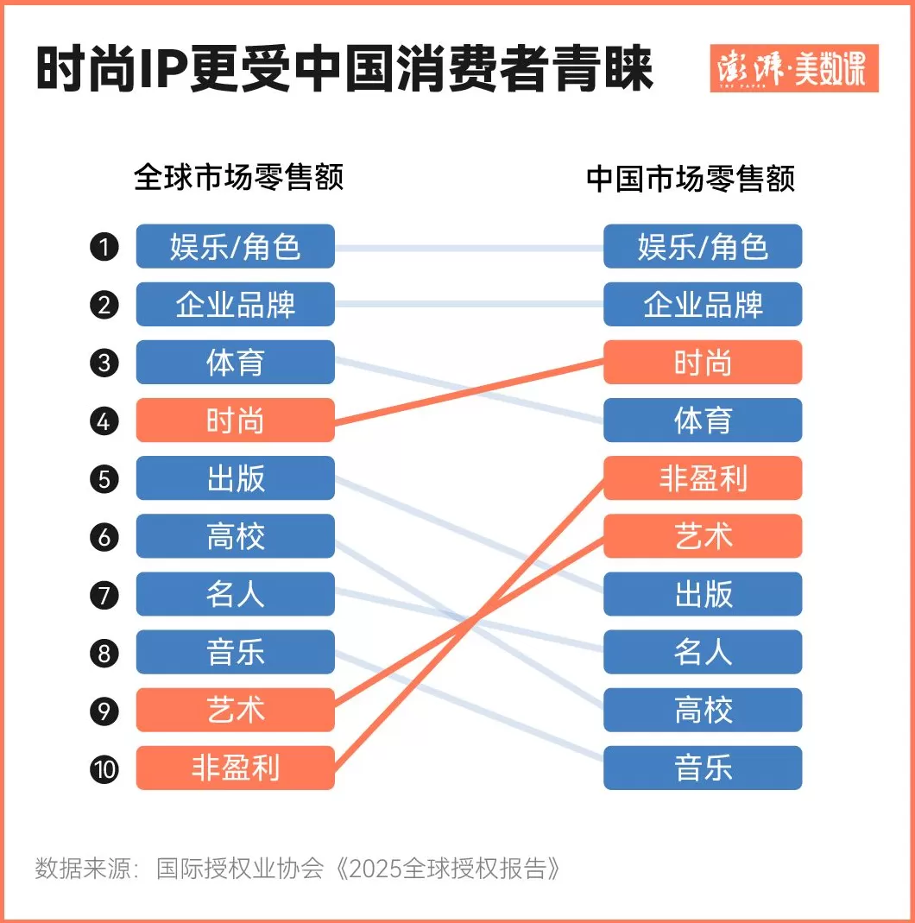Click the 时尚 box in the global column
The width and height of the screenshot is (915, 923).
(235, 420)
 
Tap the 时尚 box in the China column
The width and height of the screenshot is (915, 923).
(703, 363)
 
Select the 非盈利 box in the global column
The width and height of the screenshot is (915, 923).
(235, 768)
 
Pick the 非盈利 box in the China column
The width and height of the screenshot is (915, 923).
(703, 478)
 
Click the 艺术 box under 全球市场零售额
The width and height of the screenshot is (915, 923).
(235, 710)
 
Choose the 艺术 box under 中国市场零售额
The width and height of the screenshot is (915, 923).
(703, 536)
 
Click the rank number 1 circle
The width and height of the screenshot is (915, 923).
(104, 248)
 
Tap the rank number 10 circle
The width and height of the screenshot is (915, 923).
(104, 768)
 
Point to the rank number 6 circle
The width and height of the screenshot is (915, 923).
(104, 536)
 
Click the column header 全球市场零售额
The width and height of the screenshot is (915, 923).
(239, 178)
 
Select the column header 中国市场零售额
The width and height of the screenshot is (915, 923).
(690, 178)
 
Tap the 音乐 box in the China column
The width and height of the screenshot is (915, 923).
(703, 768)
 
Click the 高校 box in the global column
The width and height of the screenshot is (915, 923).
(235, 536)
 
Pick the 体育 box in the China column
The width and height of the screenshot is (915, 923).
(703, 420)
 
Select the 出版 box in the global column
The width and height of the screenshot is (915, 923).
(235, 478)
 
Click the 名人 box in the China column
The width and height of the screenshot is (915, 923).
(703, 652)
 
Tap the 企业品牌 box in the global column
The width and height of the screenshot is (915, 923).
(235, 305)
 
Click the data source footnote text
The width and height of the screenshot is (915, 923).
(298, 868)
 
